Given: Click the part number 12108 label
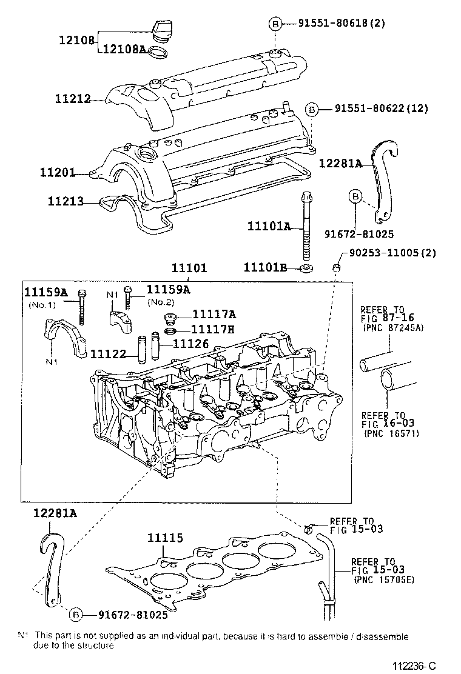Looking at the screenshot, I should coord(76,41).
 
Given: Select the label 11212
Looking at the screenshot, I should coord(71,98).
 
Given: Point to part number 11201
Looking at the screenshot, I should coord(58,173).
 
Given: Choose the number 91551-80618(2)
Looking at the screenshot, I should coord(342,24).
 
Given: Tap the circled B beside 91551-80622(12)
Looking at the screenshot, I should coord(310,109).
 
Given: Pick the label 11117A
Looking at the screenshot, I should coord(214,314).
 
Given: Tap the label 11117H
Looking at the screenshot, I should coord(214,329).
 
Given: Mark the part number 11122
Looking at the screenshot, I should coord(108,353).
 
